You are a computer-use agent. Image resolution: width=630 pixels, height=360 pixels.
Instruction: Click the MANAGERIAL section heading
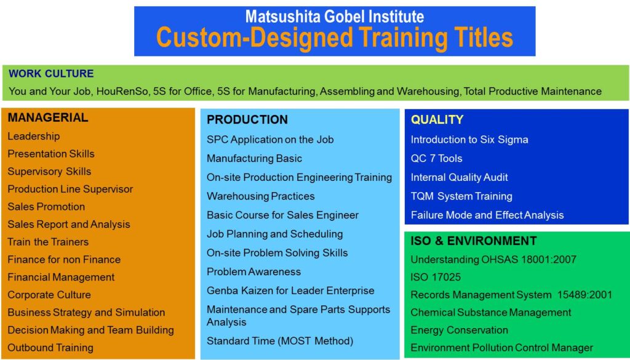point(48,118)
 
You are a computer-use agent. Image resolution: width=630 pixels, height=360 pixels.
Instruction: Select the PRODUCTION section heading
point(247,119)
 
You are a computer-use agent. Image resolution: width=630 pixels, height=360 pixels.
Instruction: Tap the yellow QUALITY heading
point(437,119)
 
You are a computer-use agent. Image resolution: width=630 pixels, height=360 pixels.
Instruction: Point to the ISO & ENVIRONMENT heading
point(473,241)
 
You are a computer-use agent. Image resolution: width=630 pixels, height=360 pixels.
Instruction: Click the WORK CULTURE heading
point(51,73)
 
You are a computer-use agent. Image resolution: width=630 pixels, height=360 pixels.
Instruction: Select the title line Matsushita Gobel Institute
point(335,17)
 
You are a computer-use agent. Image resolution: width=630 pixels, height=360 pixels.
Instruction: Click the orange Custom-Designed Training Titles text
point(335,38)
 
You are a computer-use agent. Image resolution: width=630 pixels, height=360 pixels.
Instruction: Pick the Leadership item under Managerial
point(34,136)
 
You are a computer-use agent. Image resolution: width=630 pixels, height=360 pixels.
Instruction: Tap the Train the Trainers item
point(48,242)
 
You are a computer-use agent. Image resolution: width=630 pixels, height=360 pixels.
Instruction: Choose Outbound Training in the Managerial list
point(50,348)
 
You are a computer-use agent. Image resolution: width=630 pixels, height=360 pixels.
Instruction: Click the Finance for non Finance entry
point(64,260)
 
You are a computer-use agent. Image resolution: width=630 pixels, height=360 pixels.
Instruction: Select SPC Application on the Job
point(270,140)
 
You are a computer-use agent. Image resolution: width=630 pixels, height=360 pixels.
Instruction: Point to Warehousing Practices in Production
point(260,196)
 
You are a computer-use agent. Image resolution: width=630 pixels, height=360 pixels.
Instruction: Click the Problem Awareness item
point(253,271)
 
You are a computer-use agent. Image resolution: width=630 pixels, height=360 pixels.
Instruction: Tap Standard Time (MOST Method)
point(280,341)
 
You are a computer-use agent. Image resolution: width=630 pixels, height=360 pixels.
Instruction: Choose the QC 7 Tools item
point(436,158)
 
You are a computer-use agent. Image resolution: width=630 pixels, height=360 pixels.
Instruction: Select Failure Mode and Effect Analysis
point(487,215)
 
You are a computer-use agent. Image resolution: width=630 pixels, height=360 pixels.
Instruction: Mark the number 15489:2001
point(584,295)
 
